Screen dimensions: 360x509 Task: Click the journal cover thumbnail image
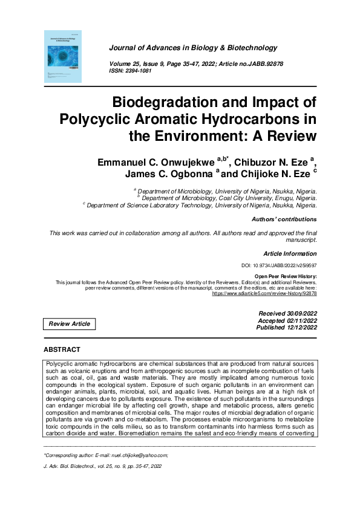(x=64, y=57)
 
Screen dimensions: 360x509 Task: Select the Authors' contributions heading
(x=284, y=219)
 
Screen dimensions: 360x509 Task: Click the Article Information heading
(x=289, y=254)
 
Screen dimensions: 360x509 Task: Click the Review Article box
(x=70, y=324)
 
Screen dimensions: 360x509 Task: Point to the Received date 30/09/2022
(x=287, y=313)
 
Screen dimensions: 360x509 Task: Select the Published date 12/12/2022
(x=286, y=328)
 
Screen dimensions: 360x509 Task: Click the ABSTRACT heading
(x=62, y=350)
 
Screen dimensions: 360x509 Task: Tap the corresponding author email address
(x=133, y=455)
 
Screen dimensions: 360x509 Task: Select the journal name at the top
(x=193, y=48)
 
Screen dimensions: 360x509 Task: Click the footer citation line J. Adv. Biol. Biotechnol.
(x=103, y=467)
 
